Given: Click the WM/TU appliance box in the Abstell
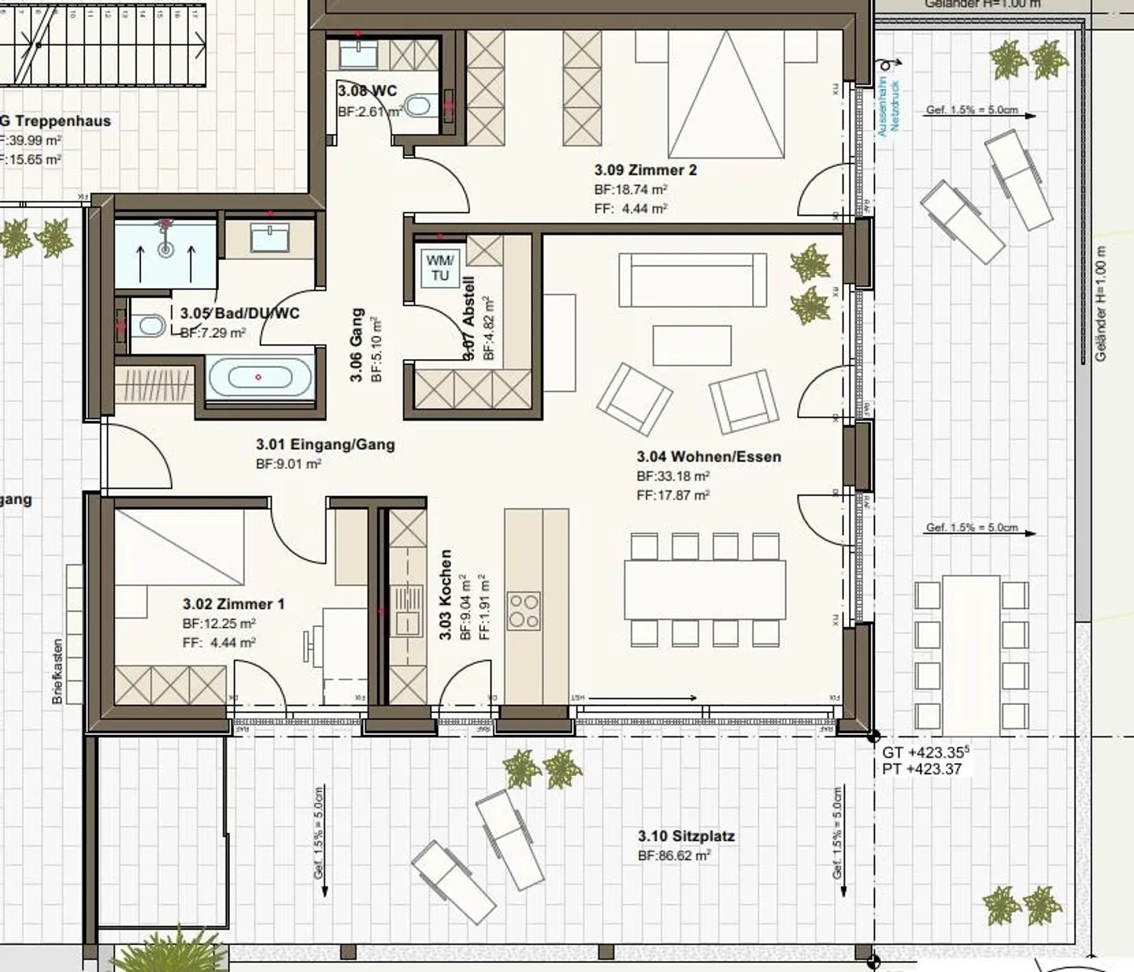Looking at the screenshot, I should (439, 268).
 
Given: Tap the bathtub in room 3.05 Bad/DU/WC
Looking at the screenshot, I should (259, 377).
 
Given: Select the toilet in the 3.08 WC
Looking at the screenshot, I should (420, 105).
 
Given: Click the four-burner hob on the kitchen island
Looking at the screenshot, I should (524, 611).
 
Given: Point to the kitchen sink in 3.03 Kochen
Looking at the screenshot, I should (408, 612).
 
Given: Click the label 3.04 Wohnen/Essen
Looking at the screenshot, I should (709, 457).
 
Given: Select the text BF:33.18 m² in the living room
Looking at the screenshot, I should (673, 477).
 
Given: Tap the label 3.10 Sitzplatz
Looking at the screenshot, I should (686, 836).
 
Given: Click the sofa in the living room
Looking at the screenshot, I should (692, 280).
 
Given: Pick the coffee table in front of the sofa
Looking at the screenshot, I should (692, 345).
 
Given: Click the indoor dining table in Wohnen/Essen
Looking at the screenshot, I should (705, 589).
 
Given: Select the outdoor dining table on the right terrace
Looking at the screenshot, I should (971, 654).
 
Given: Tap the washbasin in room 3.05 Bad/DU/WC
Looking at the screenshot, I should (269, 237).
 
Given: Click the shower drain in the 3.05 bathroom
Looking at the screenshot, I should (165, 250).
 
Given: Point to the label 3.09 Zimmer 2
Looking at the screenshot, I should (645, 170).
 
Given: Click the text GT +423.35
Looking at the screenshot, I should (925, 753).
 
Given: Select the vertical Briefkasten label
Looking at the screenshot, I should (57, 670).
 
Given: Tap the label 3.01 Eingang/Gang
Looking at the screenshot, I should (325, 445).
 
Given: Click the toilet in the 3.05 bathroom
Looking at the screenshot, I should (147, 325).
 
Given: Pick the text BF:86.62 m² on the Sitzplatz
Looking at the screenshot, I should (674, 855).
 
